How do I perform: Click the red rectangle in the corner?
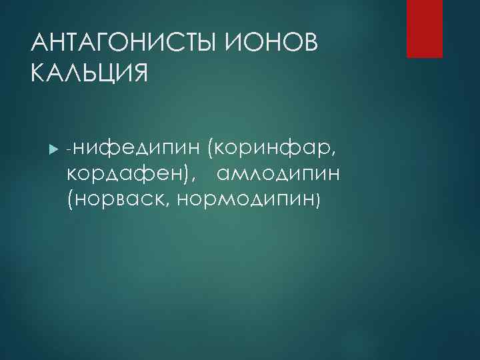click(x=425, y=29)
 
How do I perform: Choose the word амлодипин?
click(x=279, y=174)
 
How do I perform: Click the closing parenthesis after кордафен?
click(x=186, y=175)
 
